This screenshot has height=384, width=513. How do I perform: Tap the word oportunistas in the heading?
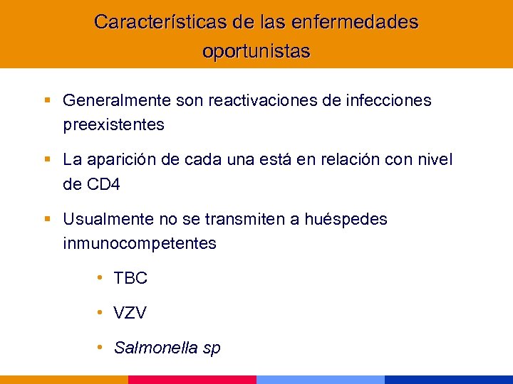[256, 52]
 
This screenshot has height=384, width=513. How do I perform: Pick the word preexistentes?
[113, 125]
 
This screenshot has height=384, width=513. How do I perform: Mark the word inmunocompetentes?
[140, 243]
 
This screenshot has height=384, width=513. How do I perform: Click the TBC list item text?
[130, 278]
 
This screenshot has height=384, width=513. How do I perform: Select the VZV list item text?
[130, 313]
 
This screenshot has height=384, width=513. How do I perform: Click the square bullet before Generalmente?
[47, 101]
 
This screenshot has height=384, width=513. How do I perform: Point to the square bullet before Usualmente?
[47, 219]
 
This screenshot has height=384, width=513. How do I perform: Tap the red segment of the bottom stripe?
[192, 380]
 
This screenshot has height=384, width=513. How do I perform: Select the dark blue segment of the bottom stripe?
[449, 380]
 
